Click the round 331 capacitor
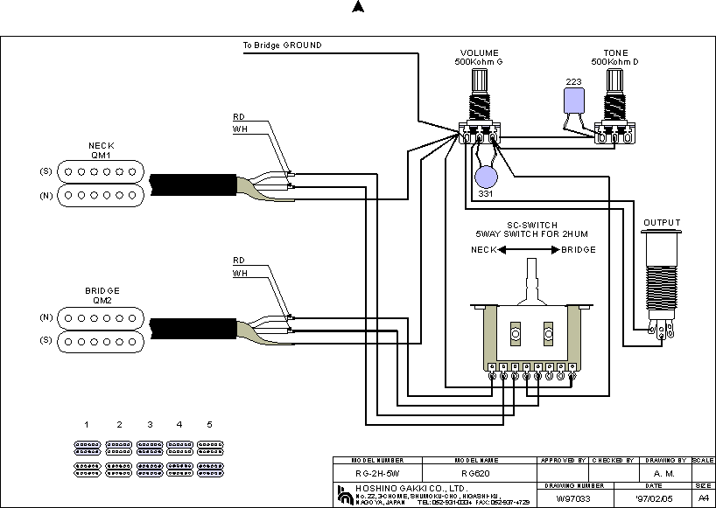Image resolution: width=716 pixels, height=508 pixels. pos(485,177)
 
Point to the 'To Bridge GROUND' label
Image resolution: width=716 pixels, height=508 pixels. pos(281,45)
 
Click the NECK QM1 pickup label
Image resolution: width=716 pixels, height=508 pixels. pos(101,150)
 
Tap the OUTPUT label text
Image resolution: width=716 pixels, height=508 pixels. pos(662,223)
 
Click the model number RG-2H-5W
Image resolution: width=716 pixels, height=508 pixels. pos(377,474)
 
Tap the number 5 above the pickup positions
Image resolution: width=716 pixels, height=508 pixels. pos(209,424)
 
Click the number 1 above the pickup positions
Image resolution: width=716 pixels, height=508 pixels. pos(87,424)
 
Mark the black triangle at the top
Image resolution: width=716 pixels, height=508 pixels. pos(357,7)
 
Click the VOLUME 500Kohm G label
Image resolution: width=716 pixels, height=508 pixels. pos(479,58)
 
